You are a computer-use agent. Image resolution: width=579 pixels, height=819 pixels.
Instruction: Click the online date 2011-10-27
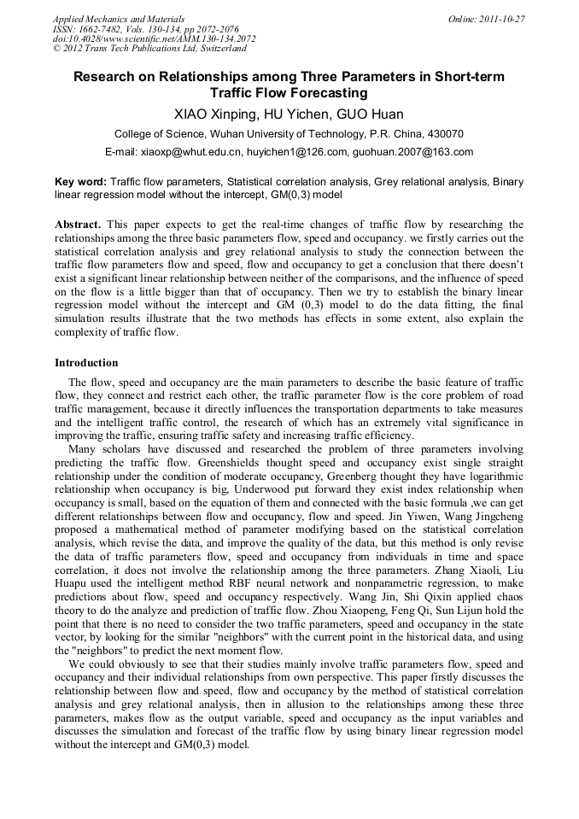499,19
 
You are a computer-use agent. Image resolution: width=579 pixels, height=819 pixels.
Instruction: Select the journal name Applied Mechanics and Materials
118,19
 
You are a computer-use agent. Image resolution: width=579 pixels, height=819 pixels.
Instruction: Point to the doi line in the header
154,38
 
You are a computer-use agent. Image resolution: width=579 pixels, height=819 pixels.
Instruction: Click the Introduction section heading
86,363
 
